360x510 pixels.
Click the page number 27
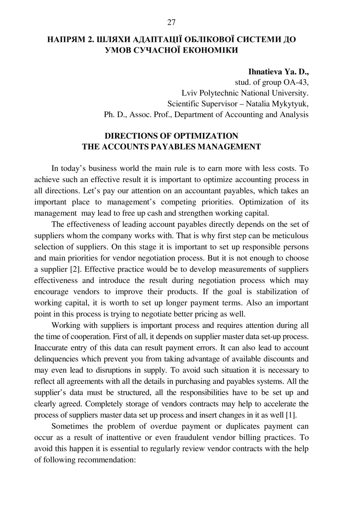[171, 22]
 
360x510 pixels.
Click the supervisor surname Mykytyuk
[290, 104]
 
